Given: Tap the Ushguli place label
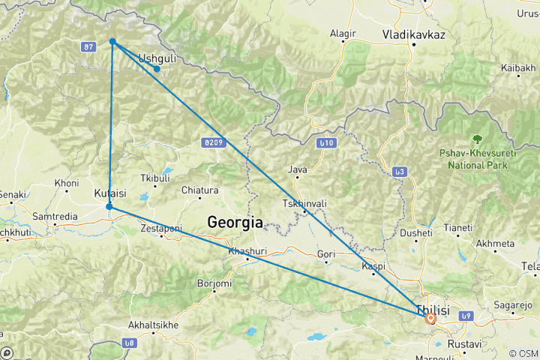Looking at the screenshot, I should coord(157,57).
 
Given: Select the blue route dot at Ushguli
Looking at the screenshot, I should coord(157,69).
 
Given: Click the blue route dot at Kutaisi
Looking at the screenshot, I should coord(109,206).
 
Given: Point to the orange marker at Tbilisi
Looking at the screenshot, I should coord(430,318).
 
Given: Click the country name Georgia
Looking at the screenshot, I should coord(235,223).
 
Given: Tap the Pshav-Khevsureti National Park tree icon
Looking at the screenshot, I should coord(476,139).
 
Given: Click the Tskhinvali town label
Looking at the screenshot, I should coord(304,204).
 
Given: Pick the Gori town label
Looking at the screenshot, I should coord(326,254).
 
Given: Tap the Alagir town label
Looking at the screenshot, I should coord(343,34).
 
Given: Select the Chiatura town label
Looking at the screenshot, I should coord(199,190).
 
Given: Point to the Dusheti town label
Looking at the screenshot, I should coord(416,233).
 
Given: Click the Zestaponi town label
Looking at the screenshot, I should coord(161,228).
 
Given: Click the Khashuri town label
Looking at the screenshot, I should coord(247,248).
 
